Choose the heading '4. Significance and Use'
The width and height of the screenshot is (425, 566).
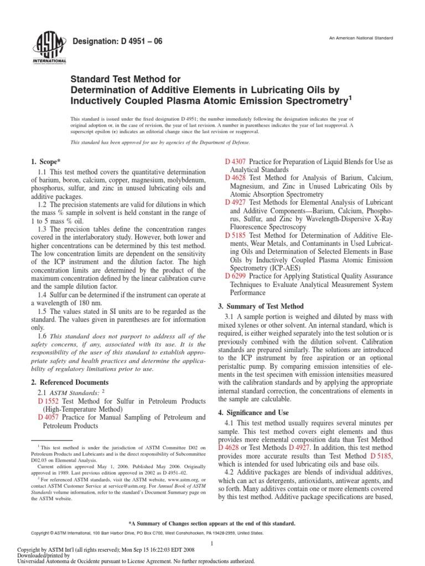pos(255,412)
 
